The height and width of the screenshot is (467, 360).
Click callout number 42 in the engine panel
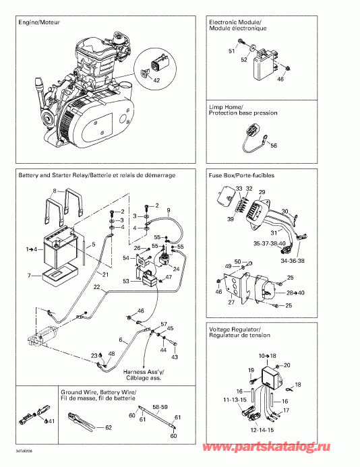tap(156, 80)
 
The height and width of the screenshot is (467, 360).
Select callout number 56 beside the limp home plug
tap(274, 145)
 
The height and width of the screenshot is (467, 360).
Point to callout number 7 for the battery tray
tap(29, 276)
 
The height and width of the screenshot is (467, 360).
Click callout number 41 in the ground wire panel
tap(52, 422)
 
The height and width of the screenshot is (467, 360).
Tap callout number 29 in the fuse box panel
tap(262, 192)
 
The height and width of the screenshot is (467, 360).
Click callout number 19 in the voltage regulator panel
tap(249, 370)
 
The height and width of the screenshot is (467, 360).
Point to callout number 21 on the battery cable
tap(105, 274)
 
